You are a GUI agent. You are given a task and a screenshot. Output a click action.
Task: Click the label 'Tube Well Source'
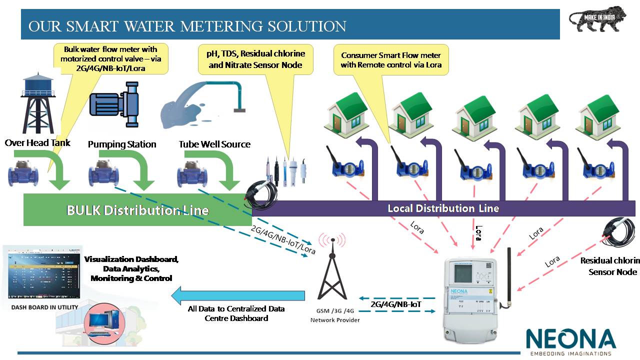214,144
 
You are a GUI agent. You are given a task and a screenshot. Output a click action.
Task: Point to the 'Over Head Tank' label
37,143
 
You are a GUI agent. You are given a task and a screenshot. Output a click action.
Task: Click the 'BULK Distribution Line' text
137,210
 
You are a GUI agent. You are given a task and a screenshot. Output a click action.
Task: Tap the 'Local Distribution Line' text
443,208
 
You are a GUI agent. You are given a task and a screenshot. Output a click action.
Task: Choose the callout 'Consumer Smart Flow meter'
391,60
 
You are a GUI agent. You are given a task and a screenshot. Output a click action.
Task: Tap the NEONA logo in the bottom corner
570,340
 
